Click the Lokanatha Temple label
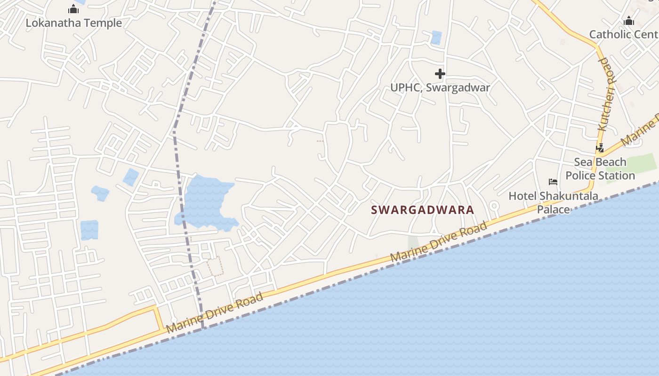click(x=73, y=23)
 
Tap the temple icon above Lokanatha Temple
click(x=73, y=9)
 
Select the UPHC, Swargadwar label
click(x=440, y=87)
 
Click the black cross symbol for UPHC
click(x=440, y=74)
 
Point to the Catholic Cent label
click(x=623, y=34)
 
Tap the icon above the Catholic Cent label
click(x=628, y=21)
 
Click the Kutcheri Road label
click(x=607, y=94)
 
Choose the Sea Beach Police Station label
click(x=600, y=169)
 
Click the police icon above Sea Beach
click(x=600, y=149)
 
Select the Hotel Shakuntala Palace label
click(x=553, y=203)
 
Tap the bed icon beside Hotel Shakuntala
click(x=553, y=182)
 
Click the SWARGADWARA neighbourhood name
click(x=422, y=210)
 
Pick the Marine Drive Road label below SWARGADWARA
click(x=439, y=243)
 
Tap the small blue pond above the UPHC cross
click(x=436, y=38)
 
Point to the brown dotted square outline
click(x=215, y=266)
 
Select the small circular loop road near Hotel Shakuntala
click(x=494, y=205)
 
